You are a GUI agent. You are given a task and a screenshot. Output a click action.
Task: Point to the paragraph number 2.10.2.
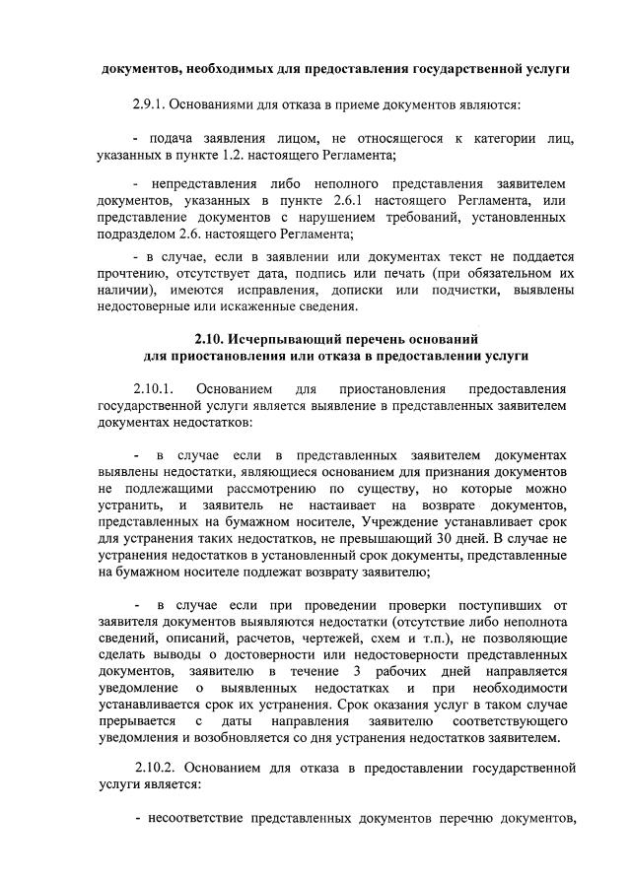(x=157, y=767)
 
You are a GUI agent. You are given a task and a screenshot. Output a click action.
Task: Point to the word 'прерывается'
(x=137, y=721)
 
